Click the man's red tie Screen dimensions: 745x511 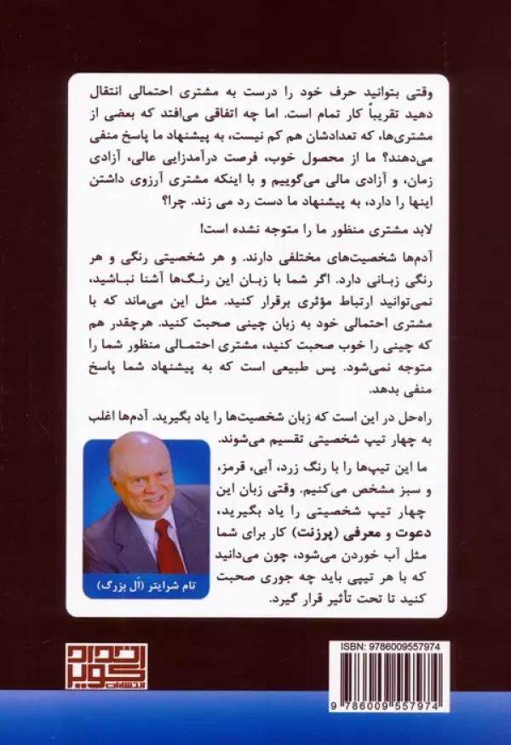point(167,545)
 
